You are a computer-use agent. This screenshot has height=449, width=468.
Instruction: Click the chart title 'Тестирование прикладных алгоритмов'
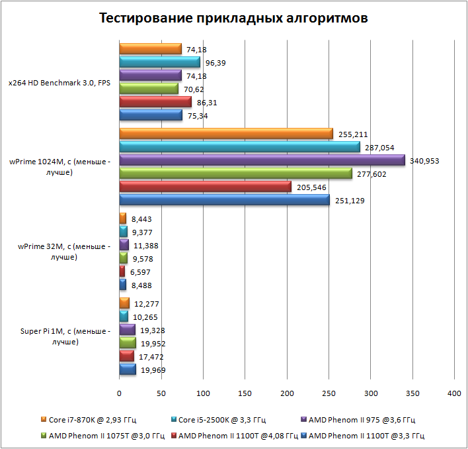coord(233,18)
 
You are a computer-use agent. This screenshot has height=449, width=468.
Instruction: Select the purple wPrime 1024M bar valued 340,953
coord(262,160)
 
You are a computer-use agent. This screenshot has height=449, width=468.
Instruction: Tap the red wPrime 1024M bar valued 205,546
coord(205,187)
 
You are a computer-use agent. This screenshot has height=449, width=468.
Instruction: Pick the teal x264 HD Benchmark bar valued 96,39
coord(159,62)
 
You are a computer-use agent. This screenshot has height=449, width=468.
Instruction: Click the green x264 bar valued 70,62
coord(149,89)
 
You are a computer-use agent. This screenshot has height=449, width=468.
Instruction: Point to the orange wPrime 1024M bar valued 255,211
coord(226,134)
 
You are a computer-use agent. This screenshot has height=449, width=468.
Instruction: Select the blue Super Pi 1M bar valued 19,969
coord(128,370)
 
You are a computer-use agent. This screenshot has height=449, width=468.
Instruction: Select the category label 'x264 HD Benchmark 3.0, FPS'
coord(59,83)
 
